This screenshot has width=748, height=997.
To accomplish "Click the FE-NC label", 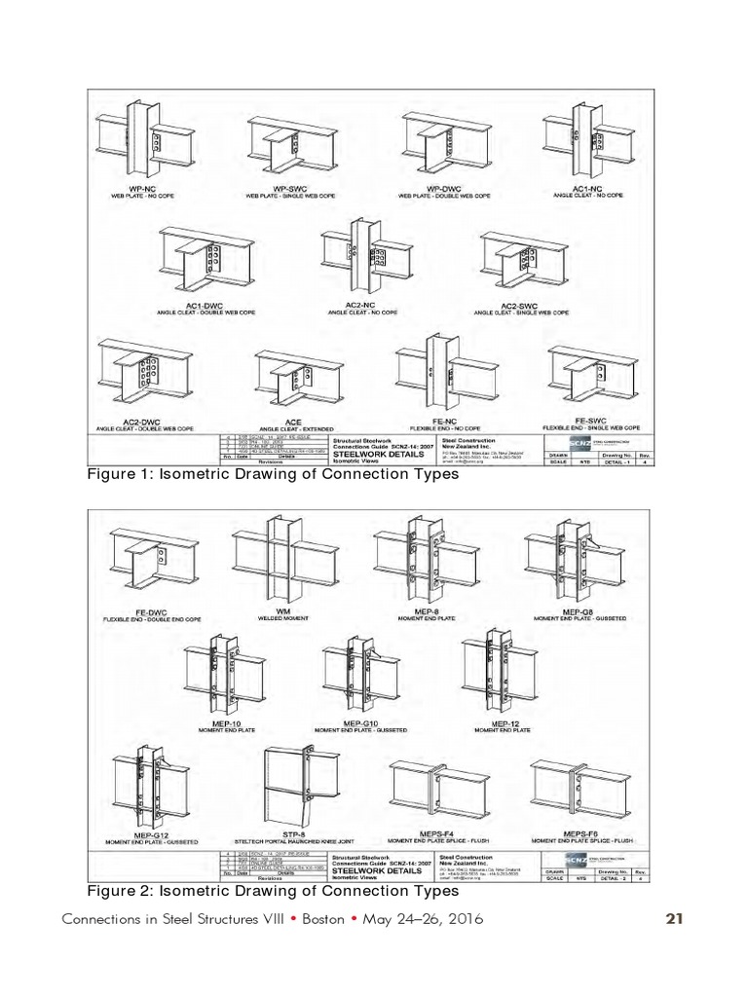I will pyautogui.click(x=444, y=420).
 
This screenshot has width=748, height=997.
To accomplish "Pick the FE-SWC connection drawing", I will pyautogui.click(x=591, y=376).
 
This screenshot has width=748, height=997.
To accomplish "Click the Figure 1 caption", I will pyautogui.click(x=273, y=476).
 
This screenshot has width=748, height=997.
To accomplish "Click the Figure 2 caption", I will pyautogui.click(x=273, y=891).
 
